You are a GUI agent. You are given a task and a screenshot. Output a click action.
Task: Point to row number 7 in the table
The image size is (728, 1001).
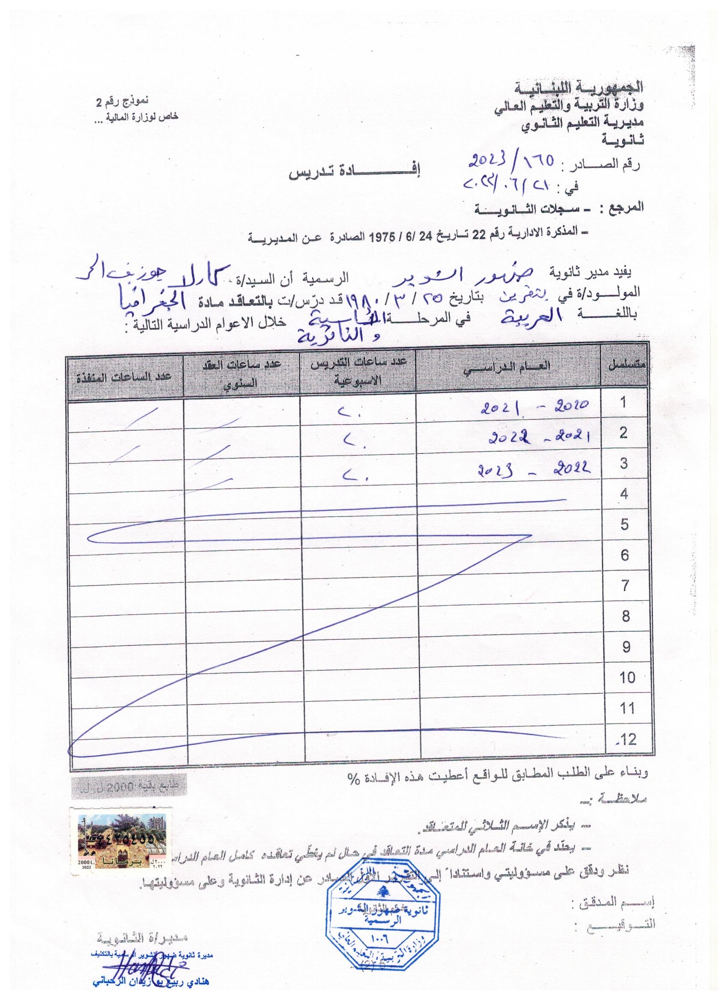click(625, 586)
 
